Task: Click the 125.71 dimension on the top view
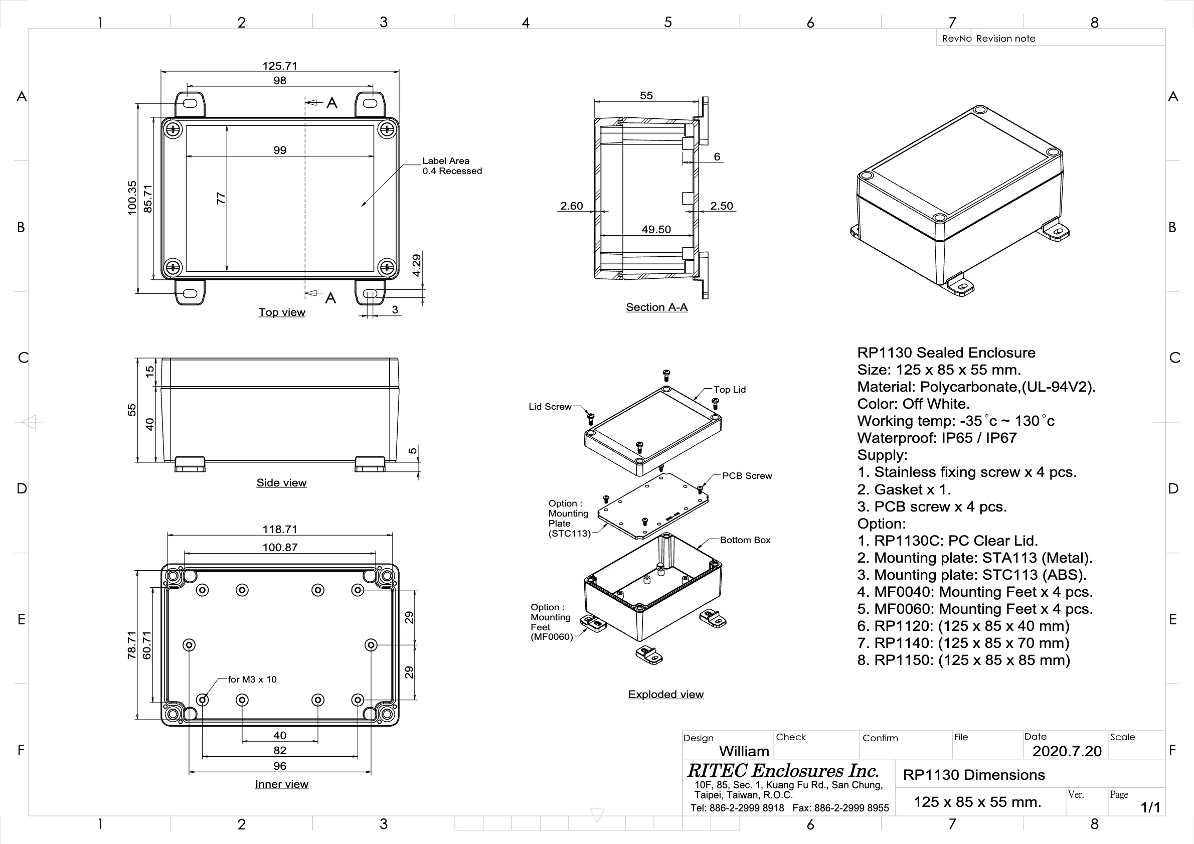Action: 280,66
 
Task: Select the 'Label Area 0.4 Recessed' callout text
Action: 451,166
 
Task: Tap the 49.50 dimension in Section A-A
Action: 656,229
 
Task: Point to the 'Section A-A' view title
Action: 656,307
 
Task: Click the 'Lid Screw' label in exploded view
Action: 550,407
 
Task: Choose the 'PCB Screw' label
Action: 747,476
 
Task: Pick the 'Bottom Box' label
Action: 745,540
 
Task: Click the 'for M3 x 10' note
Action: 252,679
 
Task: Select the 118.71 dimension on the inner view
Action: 280,530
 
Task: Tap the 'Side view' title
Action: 281,482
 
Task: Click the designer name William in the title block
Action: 744,751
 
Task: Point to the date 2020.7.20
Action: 1067,751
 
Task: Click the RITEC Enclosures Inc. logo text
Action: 783,771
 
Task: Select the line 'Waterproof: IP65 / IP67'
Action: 937,438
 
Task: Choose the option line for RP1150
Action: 963,660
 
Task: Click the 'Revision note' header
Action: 1005,39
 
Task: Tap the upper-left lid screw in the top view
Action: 173,128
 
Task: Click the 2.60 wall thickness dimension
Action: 571,206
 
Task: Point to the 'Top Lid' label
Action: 729,390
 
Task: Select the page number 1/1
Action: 1150,807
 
